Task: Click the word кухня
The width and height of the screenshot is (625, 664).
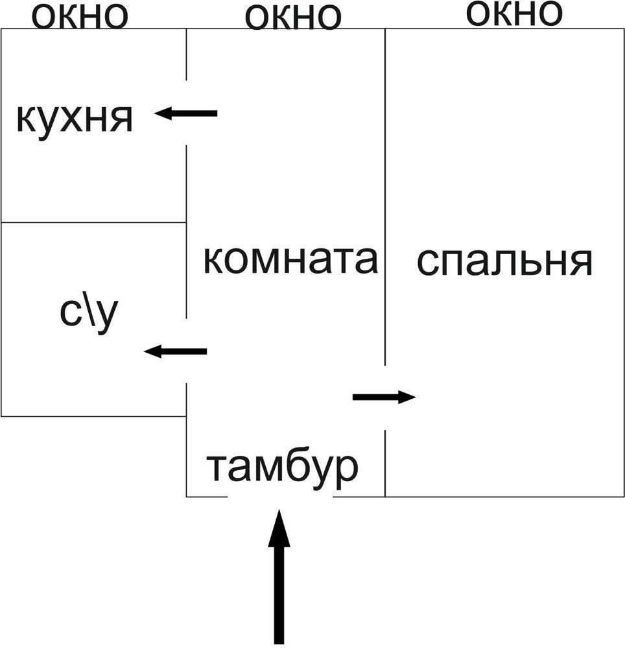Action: pos(75,119)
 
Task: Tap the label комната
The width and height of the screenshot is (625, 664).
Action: pos(290,260)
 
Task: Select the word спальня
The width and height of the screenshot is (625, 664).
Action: pos(504,262)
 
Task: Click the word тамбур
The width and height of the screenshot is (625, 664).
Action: pos(282,466)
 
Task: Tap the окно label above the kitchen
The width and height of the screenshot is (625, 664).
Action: pos(80,16)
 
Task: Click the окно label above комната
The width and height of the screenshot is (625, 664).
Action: pos(293,18)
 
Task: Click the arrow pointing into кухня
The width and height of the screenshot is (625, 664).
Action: pos(186,113)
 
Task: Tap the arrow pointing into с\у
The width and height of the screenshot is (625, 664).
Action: pos(175,351)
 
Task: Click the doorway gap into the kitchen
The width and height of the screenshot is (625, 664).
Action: pos(187,113)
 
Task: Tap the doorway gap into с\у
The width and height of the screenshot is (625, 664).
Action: pos(187,351)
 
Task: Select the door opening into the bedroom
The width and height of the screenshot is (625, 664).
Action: pos(385,397)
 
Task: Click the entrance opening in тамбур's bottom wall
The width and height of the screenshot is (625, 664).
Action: pos(280,497)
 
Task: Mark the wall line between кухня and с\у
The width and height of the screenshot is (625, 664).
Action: pos(93,222)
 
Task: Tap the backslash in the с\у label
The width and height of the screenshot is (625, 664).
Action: pos(89,313)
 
